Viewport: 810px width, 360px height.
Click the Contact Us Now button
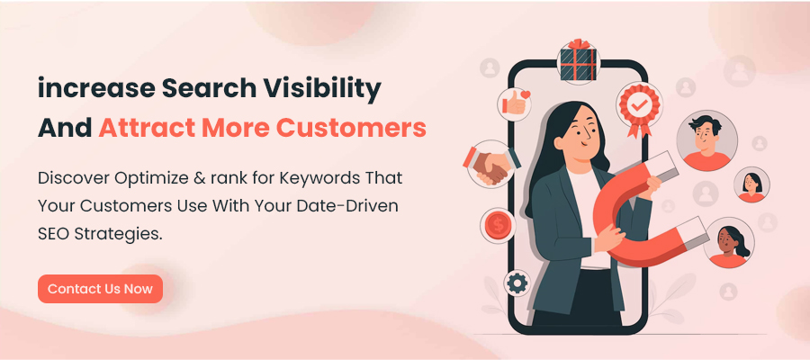100,289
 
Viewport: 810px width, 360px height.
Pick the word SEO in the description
56,233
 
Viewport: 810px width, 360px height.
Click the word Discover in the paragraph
75,178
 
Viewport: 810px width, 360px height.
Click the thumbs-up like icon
517,102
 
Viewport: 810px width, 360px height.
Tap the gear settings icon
517,283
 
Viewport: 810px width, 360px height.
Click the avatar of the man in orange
706,141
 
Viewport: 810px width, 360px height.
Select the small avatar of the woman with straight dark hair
751,184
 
